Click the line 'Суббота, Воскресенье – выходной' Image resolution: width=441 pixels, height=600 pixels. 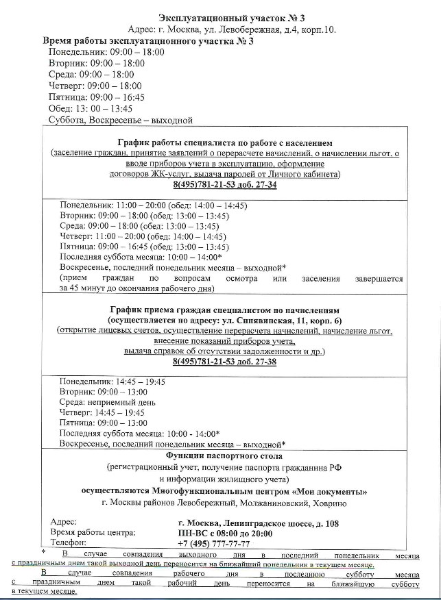(121, 120)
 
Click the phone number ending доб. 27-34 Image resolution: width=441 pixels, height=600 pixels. (224, 185)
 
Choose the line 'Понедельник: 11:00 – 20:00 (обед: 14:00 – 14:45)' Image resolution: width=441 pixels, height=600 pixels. (153, 205)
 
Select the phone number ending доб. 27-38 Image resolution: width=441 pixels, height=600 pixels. (224, 361)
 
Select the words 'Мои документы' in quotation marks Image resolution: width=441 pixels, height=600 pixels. (334, 491)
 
